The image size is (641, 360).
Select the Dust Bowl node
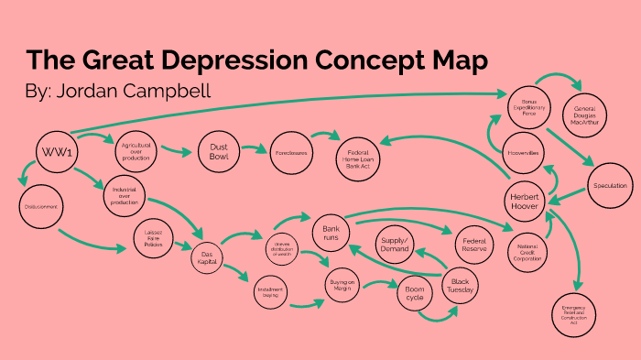point(220,153)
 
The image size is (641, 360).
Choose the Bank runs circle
point(331,233)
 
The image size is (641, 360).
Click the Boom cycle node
point(414,295)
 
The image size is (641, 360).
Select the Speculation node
point(609,186)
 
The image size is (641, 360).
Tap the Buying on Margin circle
point(342,285)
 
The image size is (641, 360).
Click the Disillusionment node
point(38,207)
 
